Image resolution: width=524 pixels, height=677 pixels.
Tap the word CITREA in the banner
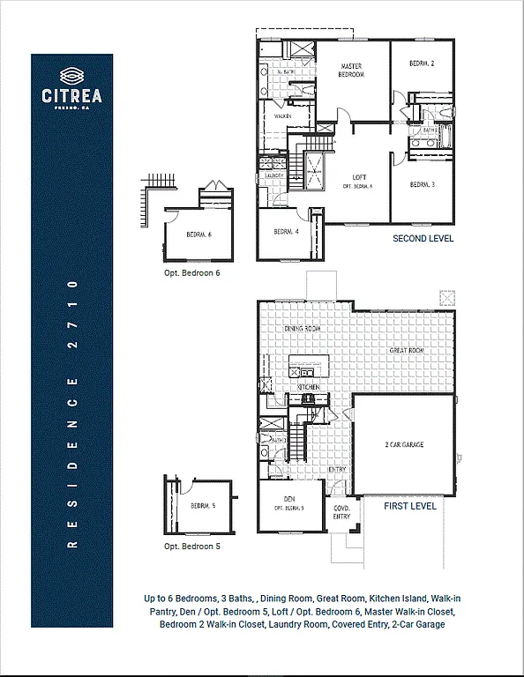pos(72,95)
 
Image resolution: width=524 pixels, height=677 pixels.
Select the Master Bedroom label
pos(352,71)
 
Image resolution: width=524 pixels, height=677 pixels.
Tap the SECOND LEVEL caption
pos(423,239)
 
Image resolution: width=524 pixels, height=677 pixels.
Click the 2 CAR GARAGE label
pos(404,445)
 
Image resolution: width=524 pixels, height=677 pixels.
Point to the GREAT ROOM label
pos(408,351)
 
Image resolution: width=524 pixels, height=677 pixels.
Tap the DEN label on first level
pos(289,501)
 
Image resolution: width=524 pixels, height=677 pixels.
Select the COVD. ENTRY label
pos(341,512)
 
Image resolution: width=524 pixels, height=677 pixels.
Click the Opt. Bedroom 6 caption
pos(191,273)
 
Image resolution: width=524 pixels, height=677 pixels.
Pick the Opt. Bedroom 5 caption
pos(191,547)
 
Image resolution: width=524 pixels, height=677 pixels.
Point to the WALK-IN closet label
pos(283,115)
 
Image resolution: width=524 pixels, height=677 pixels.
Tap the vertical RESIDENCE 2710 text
pos(72,414)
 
